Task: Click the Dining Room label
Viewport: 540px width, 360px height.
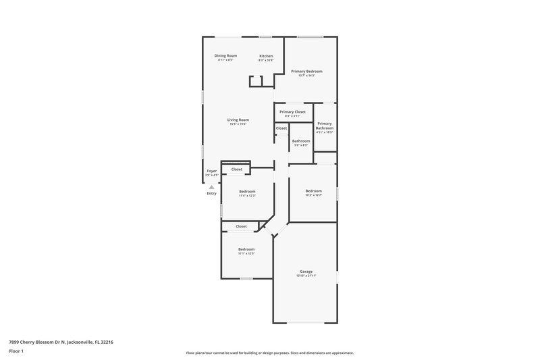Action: point(225,55)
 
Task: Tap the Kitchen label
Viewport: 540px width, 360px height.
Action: point(266,55)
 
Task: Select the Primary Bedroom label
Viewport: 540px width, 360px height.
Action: point(306,71)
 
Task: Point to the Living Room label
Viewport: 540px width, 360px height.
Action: point(238,120)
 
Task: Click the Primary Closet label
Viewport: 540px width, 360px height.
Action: point(292,111)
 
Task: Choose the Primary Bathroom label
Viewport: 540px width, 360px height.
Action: point(325,126)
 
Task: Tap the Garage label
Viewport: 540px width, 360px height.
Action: point(306,272)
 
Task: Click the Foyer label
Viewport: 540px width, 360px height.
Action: point(212,171)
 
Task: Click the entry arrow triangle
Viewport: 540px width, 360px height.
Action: point(211,187)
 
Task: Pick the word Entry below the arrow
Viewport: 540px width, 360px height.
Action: point(212,194)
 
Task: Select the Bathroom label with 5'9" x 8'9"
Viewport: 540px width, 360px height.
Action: point(301,140)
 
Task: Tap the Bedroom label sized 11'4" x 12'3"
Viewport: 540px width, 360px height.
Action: point(248,191)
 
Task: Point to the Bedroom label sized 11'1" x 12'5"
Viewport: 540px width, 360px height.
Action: point(246,249)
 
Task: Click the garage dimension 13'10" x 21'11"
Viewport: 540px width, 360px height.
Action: point(306,276)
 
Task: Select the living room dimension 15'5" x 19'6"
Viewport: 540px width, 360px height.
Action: point(238,124)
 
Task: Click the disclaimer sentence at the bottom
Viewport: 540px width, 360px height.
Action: point(269,353)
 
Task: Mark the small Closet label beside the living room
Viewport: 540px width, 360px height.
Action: point(281,128)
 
